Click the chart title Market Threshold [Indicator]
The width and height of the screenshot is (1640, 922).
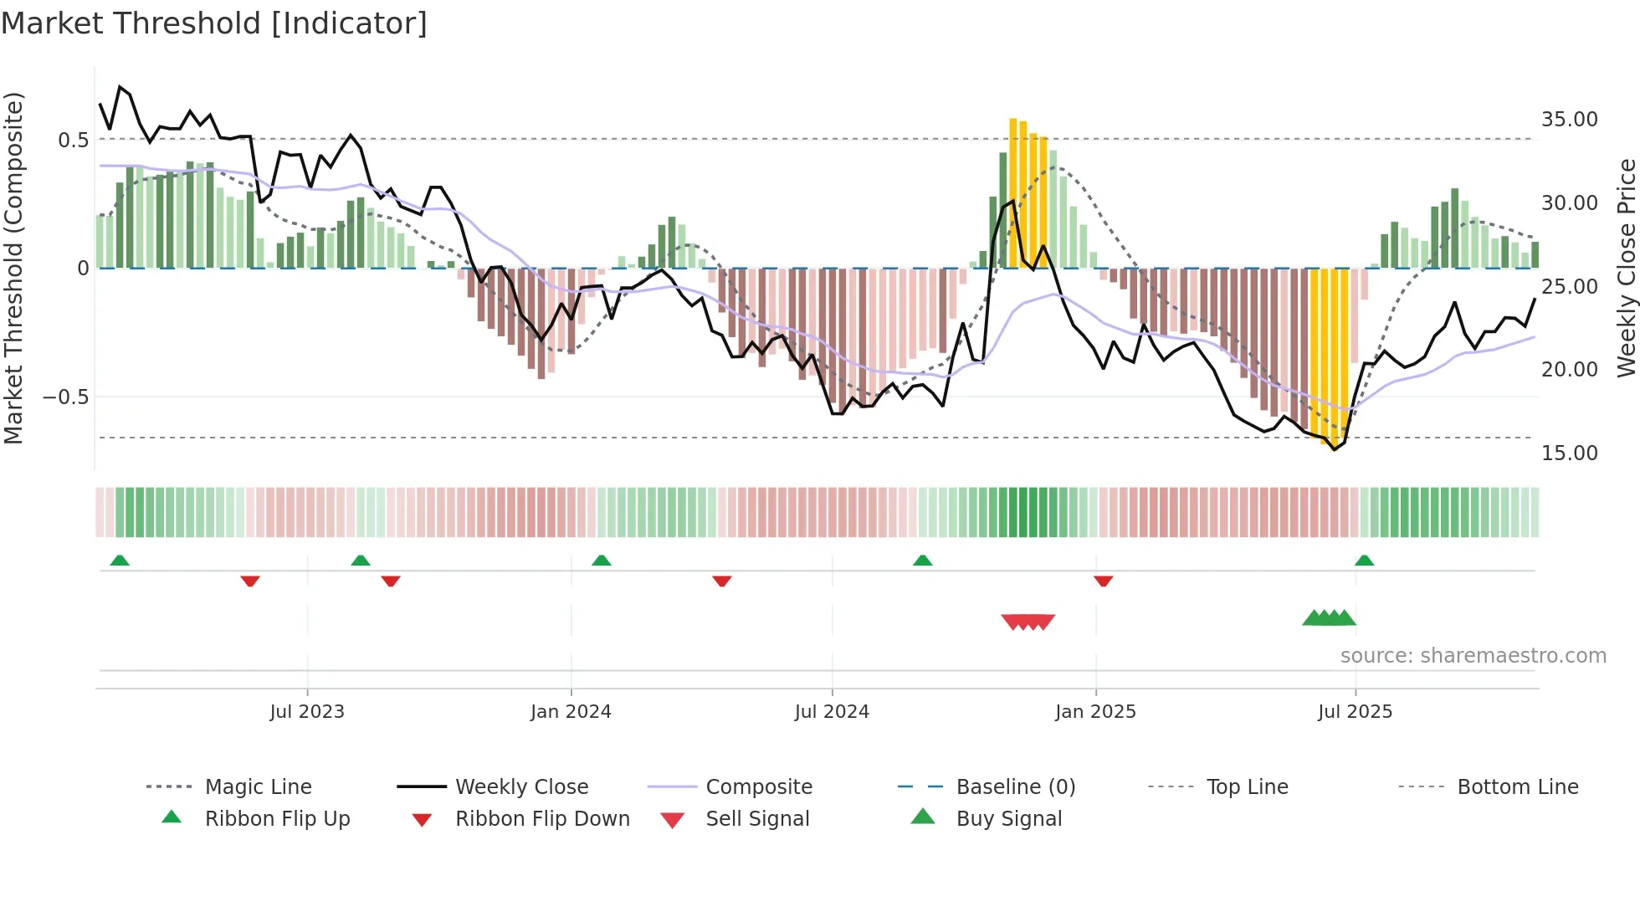pos(214,23)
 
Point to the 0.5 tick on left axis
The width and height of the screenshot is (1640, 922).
pos(73,140)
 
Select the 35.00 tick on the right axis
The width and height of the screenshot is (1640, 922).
pos(1569,120)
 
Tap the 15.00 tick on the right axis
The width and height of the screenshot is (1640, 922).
pos(1569,453)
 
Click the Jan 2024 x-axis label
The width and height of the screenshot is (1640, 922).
pos(571,712)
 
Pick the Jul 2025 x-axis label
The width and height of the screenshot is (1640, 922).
pos(1355,712)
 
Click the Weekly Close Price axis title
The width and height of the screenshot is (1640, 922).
pos(1626,268)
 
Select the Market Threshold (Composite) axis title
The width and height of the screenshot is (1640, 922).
pos(13,268)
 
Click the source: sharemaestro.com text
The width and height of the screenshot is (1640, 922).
pos(1473,656)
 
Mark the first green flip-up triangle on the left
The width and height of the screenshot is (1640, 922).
pos(120,561)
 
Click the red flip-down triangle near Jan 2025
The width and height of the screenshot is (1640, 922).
pos(1103,581)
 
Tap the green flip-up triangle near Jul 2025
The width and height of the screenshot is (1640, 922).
pos(1364,561)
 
